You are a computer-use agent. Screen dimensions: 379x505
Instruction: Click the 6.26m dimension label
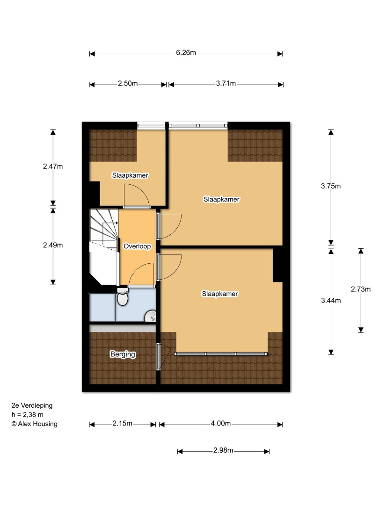point(186,53)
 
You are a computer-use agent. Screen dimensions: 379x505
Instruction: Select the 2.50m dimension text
point(128,83)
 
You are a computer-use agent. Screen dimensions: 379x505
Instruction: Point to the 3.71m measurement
point(226,83)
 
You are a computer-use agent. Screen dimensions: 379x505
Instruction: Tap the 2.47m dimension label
point(53,166)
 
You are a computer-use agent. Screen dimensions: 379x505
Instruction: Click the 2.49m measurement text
point(53,245)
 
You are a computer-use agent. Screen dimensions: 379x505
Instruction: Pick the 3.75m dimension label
point(331,186)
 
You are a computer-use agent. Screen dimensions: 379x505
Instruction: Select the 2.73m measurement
point(361,289)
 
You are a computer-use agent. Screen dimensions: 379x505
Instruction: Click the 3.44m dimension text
point(331,301)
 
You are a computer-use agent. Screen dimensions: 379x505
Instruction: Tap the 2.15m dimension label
point(123,424)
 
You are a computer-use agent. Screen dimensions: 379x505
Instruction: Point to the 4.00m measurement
point(221,424)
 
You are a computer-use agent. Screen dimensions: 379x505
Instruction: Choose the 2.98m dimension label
point(223,450)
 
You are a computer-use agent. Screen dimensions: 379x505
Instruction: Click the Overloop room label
point(137,246)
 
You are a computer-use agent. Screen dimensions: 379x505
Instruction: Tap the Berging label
point(123,354)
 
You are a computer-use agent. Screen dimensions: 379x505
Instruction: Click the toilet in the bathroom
point(123,296)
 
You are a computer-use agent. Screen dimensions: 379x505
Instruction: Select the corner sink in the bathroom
point(151,316)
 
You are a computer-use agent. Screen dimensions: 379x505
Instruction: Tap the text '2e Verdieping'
point(32,406)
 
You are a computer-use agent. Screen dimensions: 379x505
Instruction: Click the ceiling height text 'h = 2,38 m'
point(28,415)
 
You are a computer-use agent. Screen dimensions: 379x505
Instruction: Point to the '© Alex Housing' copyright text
point(35,424)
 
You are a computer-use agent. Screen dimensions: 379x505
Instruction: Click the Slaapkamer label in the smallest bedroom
point(130,175)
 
